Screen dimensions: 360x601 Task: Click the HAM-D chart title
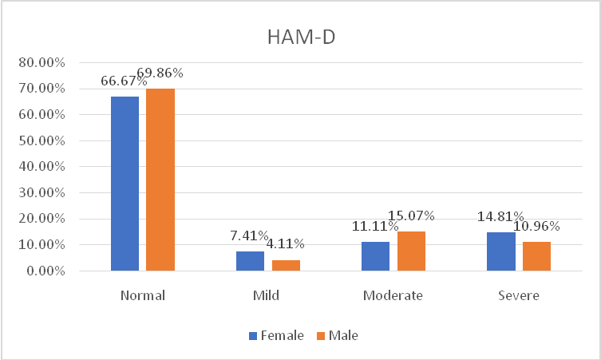coord(300,37)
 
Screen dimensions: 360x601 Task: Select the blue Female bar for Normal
coord(125,184)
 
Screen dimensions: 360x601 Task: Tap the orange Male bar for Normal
coord(160,180)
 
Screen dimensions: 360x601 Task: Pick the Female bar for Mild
coord(250,261)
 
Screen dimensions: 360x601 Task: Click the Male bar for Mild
coord(285,265)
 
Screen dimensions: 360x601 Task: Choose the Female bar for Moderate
coord(376,256)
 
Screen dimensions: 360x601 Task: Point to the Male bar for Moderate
coord(411,251)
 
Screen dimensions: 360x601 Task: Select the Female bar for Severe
coord(501,251)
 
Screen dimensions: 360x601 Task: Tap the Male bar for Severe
coord(536,256)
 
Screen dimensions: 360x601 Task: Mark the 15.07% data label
coord(412,216)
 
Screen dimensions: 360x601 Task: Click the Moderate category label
coord(393,295)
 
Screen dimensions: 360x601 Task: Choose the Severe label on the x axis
coord(518,295)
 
